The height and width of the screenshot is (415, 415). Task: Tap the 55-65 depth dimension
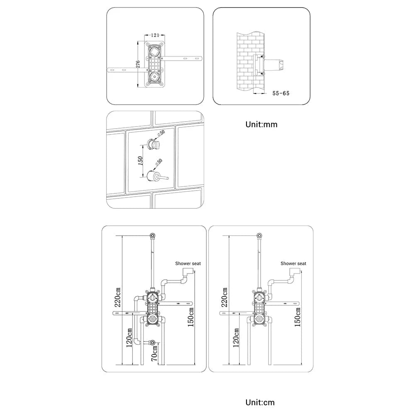[281, 93]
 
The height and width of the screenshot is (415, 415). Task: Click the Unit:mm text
[261, 124]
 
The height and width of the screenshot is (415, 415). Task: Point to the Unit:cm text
[260, 402]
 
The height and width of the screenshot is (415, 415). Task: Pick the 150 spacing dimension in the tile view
[141, 160]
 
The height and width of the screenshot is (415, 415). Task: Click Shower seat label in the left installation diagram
[188, 264]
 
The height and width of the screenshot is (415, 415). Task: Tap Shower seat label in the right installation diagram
[293, 264]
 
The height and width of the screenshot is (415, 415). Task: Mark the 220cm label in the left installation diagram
[118, 296]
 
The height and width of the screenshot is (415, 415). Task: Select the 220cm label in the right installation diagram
[225, 296]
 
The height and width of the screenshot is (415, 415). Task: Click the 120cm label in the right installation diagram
[236, 337]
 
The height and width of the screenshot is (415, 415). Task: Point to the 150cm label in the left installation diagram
[191, 317]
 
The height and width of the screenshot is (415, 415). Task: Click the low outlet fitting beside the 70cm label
[154, 343]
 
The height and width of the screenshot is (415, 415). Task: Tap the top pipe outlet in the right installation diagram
[259, 236]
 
